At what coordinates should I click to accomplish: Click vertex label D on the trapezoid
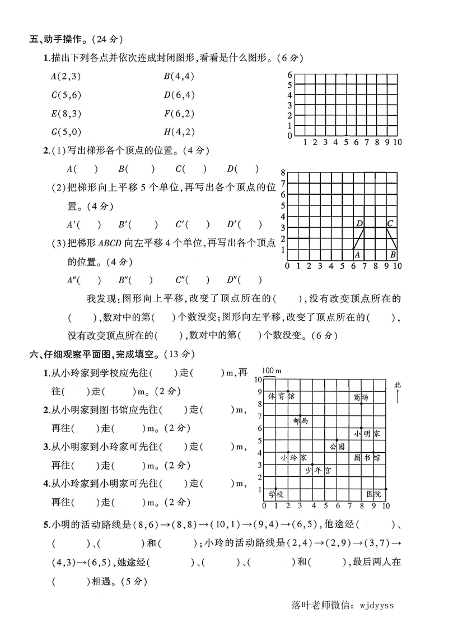[x=359, y=223]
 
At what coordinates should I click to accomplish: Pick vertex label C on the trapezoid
[x=390, y=223]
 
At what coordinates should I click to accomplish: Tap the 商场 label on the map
[x=361, y=397]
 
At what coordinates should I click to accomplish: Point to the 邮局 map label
[x=300, y=421]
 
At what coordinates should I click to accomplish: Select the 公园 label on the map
[x=337, y=447]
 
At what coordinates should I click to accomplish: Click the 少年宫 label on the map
[x=317, y=471]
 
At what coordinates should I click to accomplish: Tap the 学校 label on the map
[x=275, y=494]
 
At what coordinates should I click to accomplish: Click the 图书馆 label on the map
[x=367, y=458]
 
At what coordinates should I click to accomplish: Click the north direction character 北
[x=398, y=385]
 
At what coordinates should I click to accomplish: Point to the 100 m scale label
[x=270, y=371]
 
